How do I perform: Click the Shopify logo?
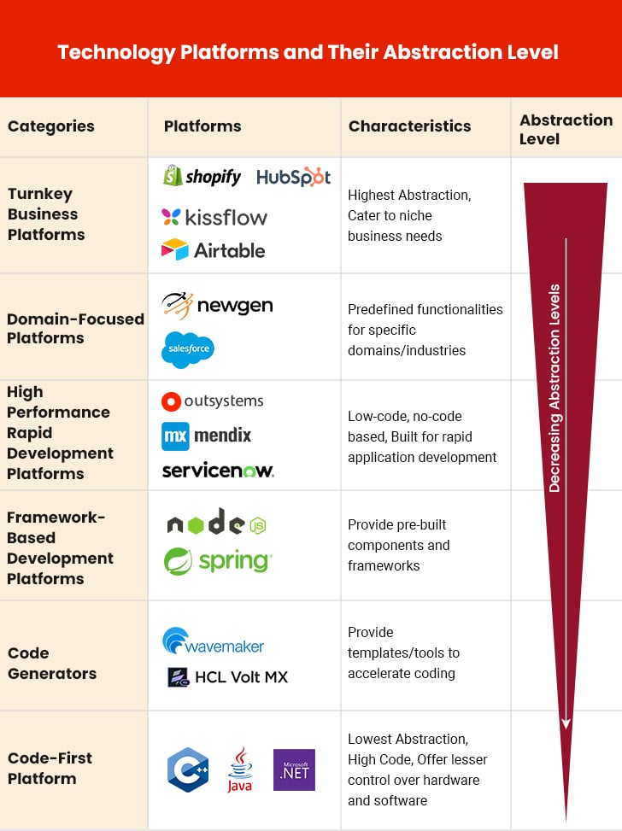202,176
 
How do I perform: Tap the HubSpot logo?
293,177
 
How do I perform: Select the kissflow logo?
214,217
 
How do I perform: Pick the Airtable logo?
213,249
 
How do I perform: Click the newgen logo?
217,306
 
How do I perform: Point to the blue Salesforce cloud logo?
188,349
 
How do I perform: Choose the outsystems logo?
212,401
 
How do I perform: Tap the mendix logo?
206,436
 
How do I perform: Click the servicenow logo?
218,470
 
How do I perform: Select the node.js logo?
217,522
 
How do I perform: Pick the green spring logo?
218,561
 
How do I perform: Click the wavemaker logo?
213,641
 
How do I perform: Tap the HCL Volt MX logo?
227,676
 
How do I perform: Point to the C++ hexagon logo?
188,770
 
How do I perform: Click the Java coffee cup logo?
240,770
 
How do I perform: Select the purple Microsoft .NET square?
294,770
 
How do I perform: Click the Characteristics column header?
409,126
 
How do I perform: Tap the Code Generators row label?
52,663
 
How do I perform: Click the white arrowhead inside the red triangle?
566,723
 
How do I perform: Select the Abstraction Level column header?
566,129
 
